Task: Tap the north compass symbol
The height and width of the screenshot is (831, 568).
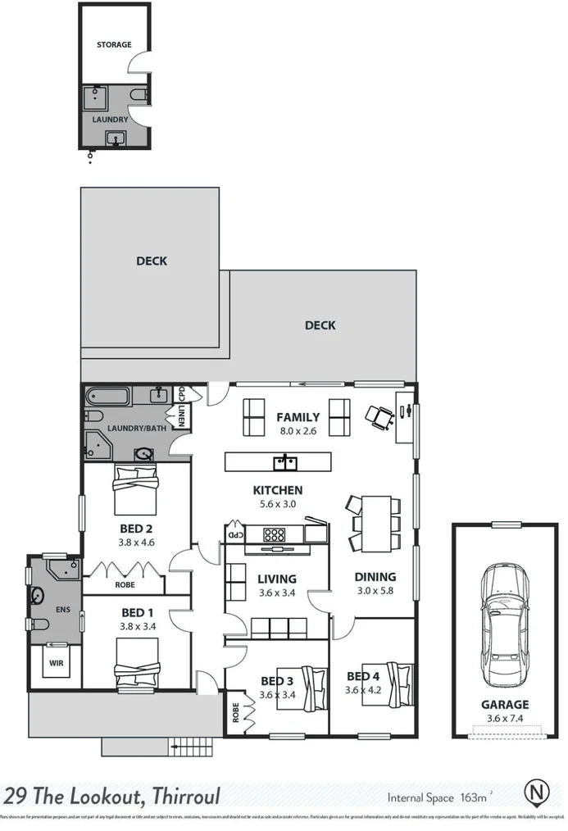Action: tap(537, 793)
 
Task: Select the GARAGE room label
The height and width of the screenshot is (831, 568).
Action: tap(505, 704)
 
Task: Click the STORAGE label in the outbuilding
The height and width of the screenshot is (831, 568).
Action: tap(114, 44)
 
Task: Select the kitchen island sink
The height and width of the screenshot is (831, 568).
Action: tap(285, 462)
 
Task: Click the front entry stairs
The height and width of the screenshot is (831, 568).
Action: tap(190, 747)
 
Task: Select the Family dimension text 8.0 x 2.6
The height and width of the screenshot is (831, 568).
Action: tap(298, 430)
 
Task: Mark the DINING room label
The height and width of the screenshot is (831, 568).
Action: tap(375, 577)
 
